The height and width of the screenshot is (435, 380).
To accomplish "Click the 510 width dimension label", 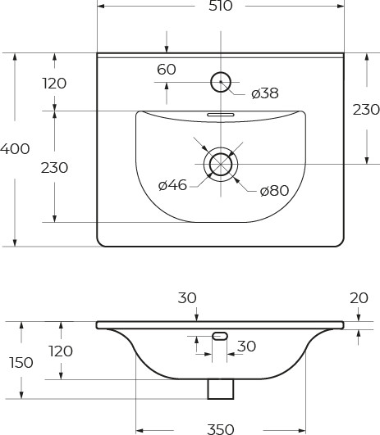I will click(221, 7).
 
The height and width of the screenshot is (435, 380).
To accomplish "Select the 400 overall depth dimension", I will click(15, 149).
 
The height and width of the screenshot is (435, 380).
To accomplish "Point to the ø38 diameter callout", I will click(265, 93).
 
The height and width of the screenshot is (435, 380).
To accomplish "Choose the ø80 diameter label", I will click(274, 191).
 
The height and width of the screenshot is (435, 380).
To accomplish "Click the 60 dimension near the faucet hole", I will click(167, 70).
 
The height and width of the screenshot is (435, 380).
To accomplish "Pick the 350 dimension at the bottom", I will click(220, 428).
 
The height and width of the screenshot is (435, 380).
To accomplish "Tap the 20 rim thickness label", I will click(358, 298).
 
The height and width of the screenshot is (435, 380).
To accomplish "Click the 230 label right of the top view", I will click(366, 109).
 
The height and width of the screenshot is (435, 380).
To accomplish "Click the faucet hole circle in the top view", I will click(221, 82).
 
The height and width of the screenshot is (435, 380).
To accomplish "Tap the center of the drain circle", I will click(220, 164).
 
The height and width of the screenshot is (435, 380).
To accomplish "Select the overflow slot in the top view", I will click(220, 115).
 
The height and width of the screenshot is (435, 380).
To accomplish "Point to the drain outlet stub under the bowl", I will click(220, 389).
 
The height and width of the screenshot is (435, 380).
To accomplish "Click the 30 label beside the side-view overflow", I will click(246, 347).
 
